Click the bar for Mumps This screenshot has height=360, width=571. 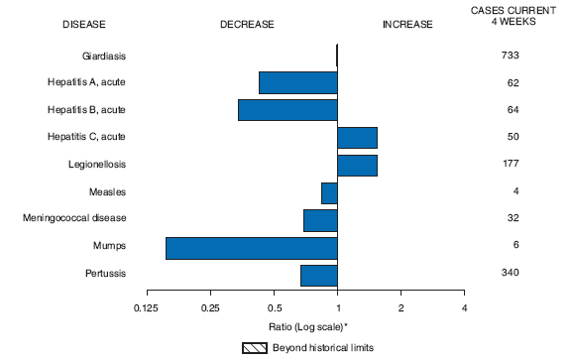[x=251, y=247]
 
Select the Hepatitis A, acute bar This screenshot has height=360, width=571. [x=297, y=83]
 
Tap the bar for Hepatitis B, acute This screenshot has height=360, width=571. [x=287, y=110]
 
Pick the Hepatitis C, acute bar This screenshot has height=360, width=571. [x=357, y=138]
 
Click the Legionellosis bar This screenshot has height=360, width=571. [x=357, y=165]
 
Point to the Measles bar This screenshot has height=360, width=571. [x=329, y=192]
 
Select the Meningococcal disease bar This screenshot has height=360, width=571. [x=320, y=219]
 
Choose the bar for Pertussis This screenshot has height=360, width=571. [x=318, y=274]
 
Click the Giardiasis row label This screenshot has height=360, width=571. [x=102, y=57]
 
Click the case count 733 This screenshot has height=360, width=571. [x=511, y=57]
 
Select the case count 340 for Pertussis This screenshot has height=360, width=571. [x=511, y=273]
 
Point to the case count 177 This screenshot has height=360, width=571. [x=511, y=165]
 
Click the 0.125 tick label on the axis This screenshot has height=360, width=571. [x=147, y=308]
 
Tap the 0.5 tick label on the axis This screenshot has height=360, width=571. [x=274, y=308]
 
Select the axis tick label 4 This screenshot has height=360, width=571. [x=464, y=308]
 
